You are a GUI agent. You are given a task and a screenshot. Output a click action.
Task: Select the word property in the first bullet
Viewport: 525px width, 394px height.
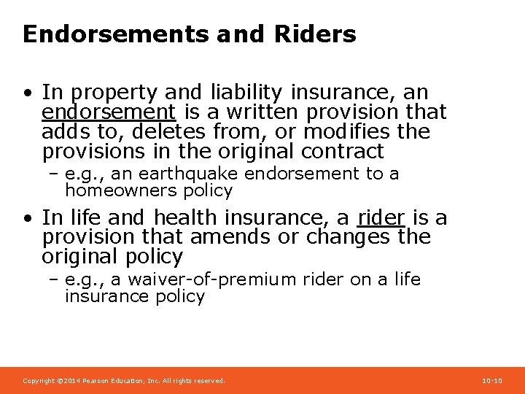(x=112, y=93)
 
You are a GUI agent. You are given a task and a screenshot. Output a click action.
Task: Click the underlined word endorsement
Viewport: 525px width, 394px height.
(x=109, y=112)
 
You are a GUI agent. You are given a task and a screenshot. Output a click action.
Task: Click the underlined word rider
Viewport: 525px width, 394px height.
(x=381, y=217)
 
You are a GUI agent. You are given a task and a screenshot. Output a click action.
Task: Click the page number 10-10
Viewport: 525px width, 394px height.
(x=492, y=381)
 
